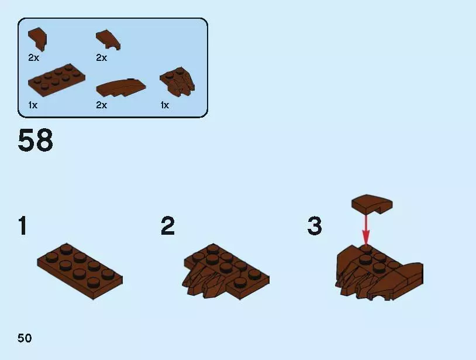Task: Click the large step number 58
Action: (35, 140)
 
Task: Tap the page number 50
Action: (25, 338)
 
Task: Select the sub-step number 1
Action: (23, 225)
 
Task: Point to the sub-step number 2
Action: (168, 225)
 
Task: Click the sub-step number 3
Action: (315, 225)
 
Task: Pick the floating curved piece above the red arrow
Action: (372, 204)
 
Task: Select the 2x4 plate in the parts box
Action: (57, 80)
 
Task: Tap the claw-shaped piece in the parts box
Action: (178, 81)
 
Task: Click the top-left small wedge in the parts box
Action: (37, 39)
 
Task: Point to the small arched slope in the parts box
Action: (108, 39)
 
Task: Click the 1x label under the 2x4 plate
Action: (33, 105)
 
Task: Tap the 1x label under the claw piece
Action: (165, 105)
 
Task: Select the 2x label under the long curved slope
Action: (102, 105)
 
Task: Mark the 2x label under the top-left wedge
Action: (34, 57)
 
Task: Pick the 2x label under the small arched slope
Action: (102, 57)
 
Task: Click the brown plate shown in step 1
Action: (80, 271)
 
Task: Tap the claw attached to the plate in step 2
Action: (204, 279)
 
